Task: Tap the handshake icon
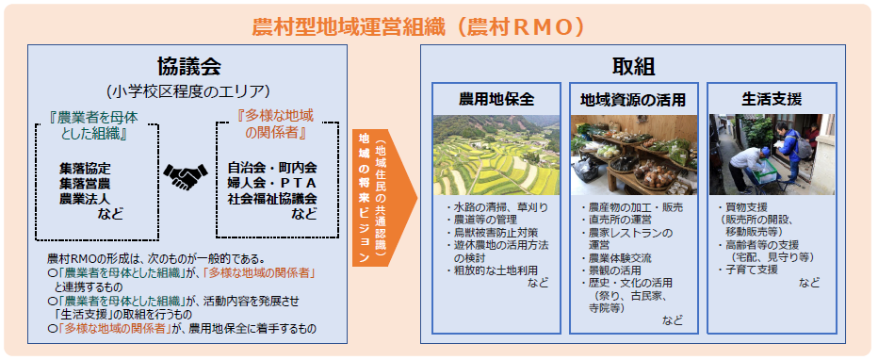click(187, 175)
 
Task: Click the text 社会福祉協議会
click(272, 198)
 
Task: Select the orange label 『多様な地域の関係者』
click(273, 122)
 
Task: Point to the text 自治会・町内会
click(272, 168)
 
